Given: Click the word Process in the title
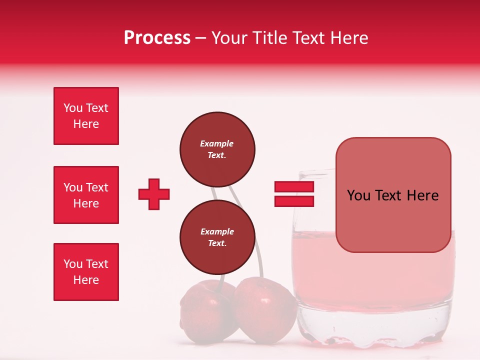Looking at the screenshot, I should click(157, 38).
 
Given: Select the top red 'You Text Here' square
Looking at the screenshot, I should click(86, 116).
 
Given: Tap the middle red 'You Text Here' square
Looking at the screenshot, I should click(86, 195).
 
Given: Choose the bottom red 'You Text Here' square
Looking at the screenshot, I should click(86, 272).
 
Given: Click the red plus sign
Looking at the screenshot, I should click(154, 194).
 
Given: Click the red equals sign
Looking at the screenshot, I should click(294, 194).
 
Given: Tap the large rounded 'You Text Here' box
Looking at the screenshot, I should click(393, 195).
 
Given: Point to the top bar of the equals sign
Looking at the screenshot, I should click(294, 187).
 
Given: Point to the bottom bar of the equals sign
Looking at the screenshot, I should click(294, 201).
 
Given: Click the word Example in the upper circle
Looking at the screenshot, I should click(217, 143).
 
